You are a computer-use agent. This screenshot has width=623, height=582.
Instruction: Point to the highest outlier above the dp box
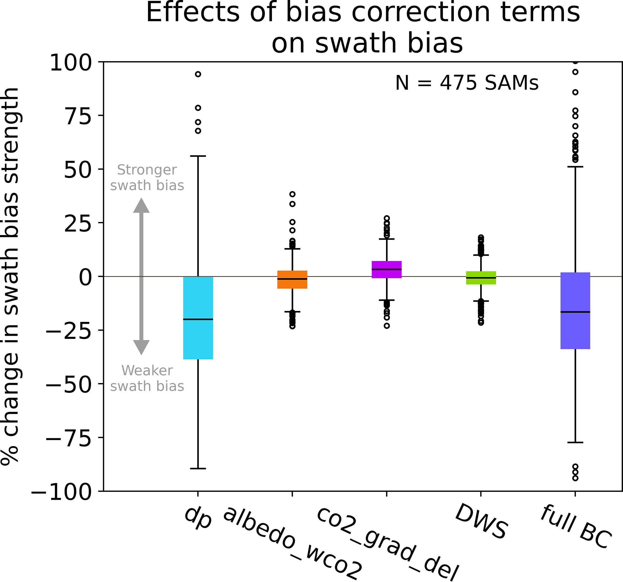198,74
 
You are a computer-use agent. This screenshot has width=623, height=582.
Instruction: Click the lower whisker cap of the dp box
198,468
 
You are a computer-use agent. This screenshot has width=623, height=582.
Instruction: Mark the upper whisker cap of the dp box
198,156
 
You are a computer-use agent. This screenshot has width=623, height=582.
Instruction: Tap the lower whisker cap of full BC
575,442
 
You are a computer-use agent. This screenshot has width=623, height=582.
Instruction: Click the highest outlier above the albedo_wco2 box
292,194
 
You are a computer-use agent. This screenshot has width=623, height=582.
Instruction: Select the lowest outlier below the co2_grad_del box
387,326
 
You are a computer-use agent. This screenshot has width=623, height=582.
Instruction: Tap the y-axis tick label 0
85,277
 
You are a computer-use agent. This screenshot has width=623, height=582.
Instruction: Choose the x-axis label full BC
575,527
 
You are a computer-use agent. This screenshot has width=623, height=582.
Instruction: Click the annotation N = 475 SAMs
467,83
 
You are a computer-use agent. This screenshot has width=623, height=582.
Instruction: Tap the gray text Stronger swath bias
147,178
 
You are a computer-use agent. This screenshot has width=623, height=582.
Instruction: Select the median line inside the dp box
198,319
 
